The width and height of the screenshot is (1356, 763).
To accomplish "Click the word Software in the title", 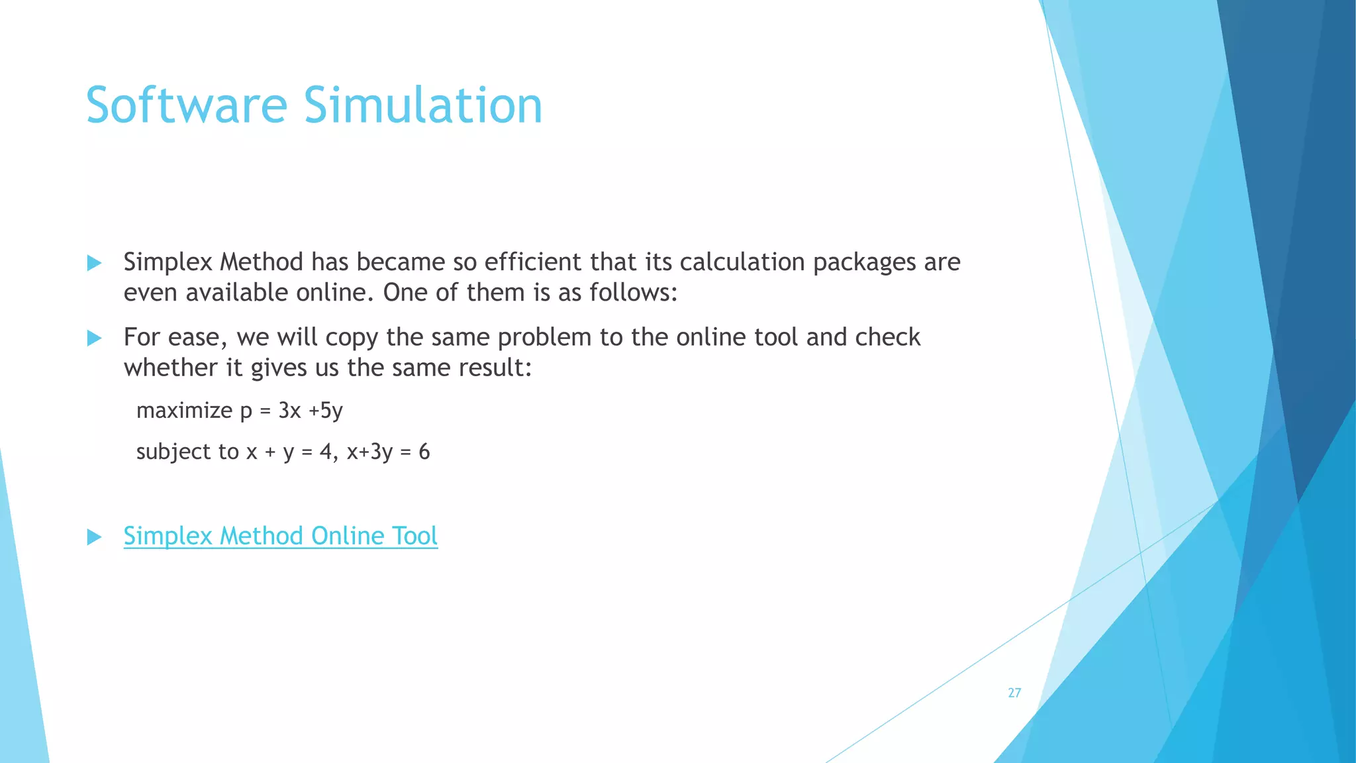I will tap(187, 105).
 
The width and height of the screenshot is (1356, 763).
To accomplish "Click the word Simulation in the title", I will tap(423, 105).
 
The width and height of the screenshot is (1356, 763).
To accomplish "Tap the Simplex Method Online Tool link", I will tap(280, 536).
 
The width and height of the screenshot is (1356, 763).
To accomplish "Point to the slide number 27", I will tap(1014, 693).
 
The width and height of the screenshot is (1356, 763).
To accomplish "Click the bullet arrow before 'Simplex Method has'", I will tap(95, 263).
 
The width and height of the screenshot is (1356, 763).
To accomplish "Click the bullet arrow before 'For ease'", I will tap(95, 338).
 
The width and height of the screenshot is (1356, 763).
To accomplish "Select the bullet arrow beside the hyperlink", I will tap(95, 536).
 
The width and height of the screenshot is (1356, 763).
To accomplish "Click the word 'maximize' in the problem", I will tap(184, 411).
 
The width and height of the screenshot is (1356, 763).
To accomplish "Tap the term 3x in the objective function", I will tap(289, 411).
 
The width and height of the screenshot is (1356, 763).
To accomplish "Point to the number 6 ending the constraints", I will tap(424, 452).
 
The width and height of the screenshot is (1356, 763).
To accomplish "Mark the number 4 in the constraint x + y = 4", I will tap(326, 452).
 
